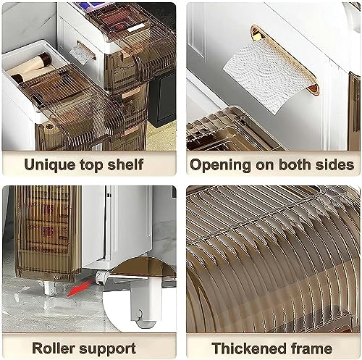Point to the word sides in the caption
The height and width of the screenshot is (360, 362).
(336, 164)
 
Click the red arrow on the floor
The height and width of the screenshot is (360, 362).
(80, 288)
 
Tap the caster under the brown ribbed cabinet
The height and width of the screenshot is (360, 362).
(49, 288)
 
